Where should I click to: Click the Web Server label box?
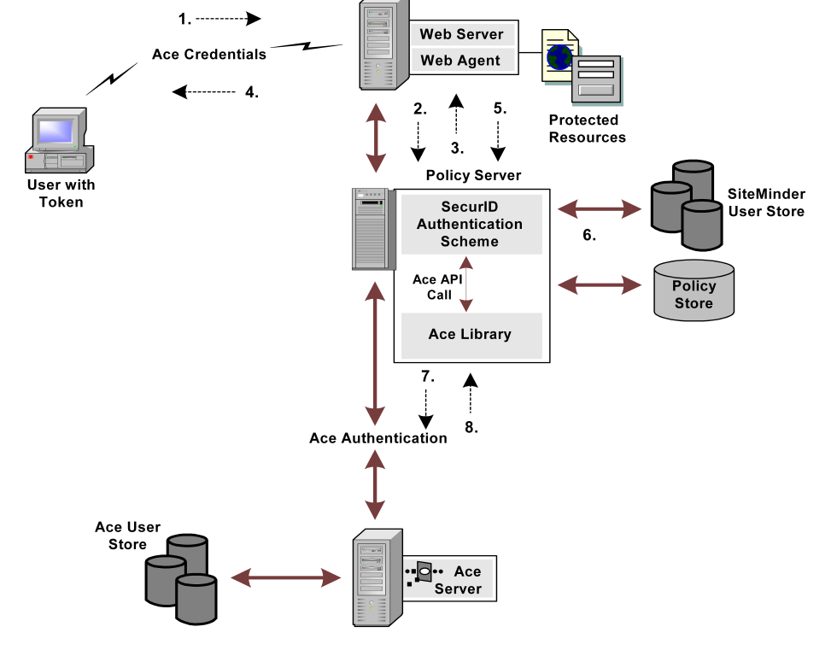(462, 35)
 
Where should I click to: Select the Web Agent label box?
(462, 61)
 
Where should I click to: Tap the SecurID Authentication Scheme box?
(471, 224)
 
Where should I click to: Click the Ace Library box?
(471, 335)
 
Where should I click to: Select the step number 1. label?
(184, 18)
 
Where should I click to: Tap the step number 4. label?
(251, 91)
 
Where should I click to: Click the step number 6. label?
(589, 235)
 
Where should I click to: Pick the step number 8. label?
(471, 427)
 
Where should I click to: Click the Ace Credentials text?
(209, 55)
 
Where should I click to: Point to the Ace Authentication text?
(378, 438)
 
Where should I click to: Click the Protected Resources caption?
(587, 129)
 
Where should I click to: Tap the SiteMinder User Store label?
(766, 202)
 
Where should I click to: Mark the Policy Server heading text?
(473, 175)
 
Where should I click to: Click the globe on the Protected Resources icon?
(559, 57)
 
